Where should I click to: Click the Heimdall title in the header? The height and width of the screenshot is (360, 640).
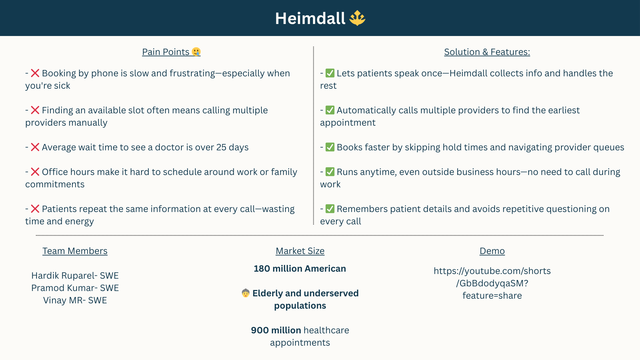pos(310,18)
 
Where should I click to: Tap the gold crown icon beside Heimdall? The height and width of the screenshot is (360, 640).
pos(357,18)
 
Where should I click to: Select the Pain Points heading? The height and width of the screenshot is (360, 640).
pos(166,52)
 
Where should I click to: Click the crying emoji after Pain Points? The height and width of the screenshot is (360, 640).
pos(196,52)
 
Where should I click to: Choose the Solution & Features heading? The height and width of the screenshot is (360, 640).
pos(487,52)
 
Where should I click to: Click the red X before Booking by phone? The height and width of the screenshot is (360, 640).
pos(35,73)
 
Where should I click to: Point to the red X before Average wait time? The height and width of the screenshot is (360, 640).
pos(35,147)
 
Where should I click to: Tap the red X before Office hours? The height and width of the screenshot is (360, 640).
pos(35,172)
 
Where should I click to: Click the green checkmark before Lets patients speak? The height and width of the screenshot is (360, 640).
pos(330,73)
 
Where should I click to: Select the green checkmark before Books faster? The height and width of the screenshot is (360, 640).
pos(330,147)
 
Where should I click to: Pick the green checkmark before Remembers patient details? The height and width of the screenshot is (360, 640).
pos(330,209)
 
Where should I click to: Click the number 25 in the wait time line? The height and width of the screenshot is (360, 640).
pos(221,147)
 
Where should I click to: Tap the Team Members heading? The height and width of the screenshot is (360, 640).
pos(75,251)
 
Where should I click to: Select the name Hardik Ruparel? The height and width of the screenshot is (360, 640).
pos(63,276)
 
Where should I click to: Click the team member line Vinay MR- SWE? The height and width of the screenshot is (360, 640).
pos(75,300)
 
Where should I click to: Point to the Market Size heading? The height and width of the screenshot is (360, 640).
pos(300,251)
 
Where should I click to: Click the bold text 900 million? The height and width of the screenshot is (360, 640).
pos(276,330)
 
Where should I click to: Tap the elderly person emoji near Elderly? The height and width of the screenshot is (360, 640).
pos(246,293)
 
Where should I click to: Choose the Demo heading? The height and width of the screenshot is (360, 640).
pos(492,251)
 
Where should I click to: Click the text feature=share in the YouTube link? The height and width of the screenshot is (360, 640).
pos(492,296)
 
